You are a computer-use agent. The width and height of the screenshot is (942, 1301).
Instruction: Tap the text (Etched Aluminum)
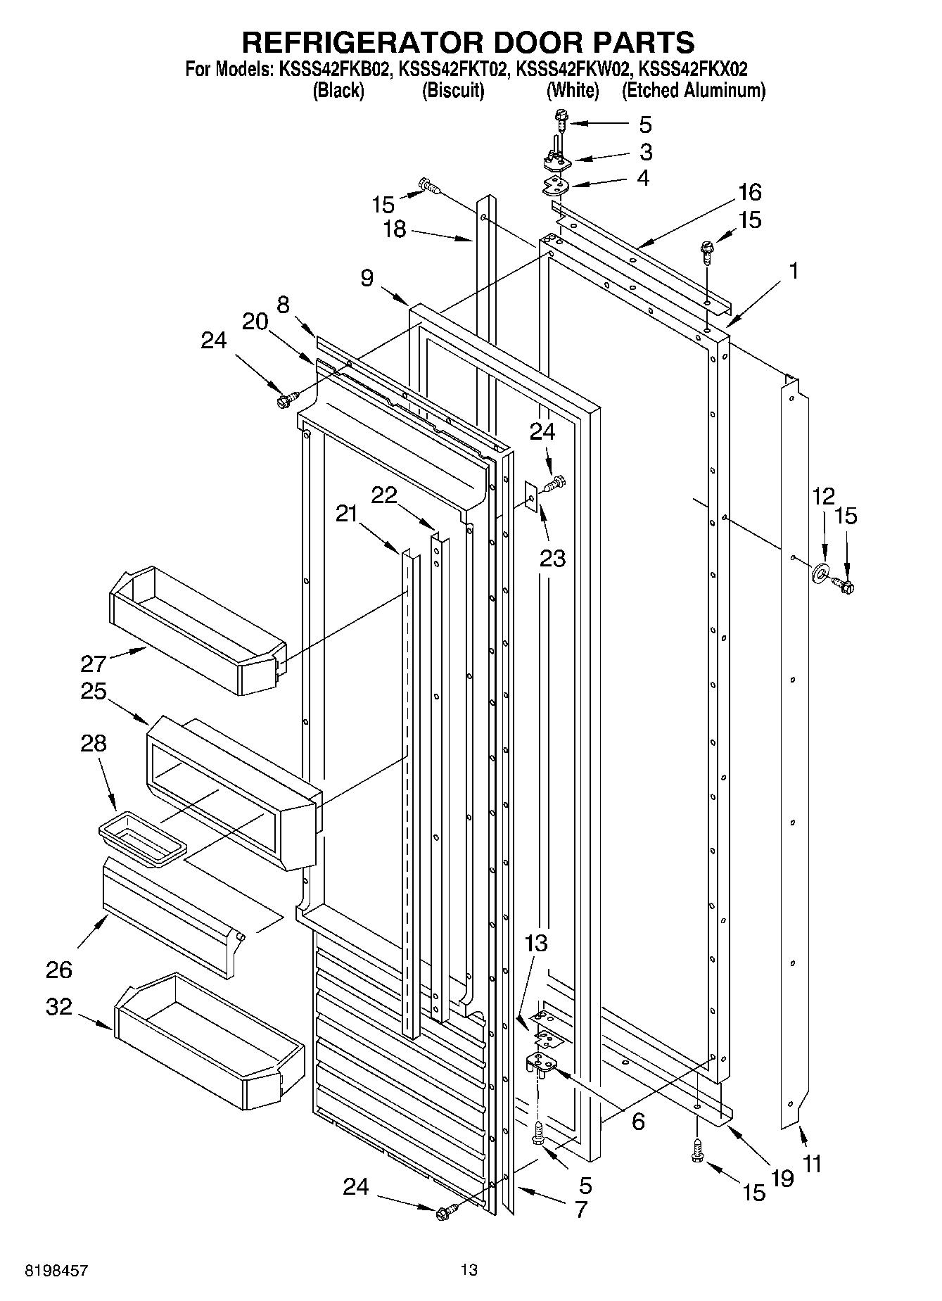pos(693,90)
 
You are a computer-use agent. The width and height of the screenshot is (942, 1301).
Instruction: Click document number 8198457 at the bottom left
pos(57,1270)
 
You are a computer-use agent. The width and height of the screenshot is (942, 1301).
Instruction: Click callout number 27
pos(93,664)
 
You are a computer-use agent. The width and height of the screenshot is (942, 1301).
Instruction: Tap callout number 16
pos(750,192)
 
